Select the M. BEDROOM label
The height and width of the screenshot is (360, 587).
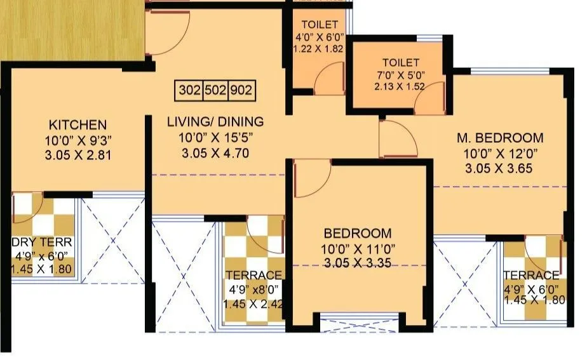coord(501,138)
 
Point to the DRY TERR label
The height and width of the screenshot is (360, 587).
coord(42,242)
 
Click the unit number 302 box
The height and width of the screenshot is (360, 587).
coord(189,90)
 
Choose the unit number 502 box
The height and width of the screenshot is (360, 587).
coord(215,90)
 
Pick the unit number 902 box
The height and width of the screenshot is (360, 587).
coord(241,90)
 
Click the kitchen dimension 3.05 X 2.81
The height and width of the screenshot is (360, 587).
coord(78,154)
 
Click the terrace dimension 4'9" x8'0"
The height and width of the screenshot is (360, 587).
coord(253,289)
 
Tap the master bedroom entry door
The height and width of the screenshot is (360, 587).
coord(397,140)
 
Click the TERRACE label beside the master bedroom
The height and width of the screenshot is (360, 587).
coord(531,275)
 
